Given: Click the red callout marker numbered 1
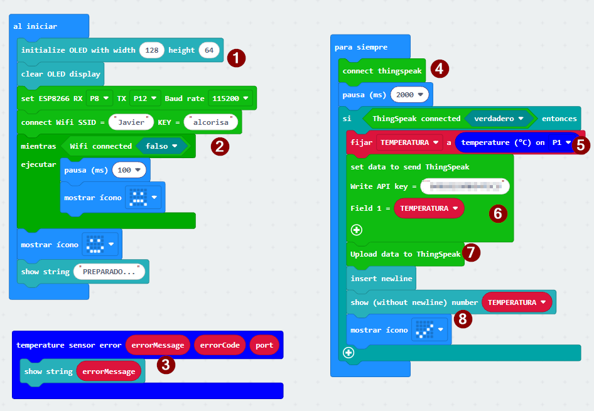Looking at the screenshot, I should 235,58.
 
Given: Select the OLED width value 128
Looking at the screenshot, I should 151,50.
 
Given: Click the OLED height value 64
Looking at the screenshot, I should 209,50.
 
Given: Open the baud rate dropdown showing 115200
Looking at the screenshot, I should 230,99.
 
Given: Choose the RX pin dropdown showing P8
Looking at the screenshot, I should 99,99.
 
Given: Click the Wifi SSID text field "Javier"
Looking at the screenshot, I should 131,122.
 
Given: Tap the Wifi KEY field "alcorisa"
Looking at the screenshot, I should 211,122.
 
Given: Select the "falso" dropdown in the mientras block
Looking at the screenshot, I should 162,146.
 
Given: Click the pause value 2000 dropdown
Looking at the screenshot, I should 409,94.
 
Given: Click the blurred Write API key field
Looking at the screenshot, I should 465,186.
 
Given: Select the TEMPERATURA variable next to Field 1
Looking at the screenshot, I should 429,208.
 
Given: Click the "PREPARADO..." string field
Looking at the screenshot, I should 109,272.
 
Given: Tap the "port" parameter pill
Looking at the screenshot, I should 264,345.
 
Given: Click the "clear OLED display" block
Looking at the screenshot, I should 60,74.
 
